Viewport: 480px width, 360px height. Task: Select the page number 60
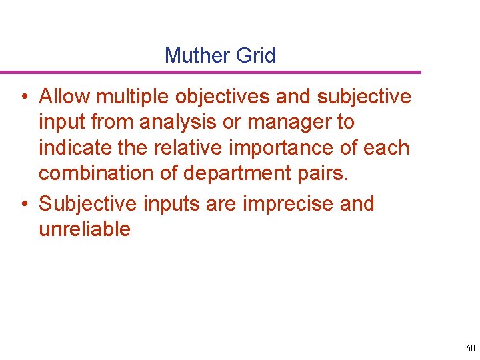[471, 348]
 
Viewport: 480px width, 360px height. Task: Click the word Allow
[65, 97]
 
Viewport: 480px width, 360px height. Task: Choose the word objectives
[223, 97]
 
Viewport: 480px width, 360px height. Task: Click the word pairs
[325, 173]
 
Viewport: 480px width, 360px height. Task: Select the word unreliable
[84, 229]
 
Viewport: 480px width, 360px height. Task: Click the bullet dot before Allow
[23, 97]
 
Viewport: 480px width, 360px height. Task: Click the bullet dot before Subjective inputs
[23, 204]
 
